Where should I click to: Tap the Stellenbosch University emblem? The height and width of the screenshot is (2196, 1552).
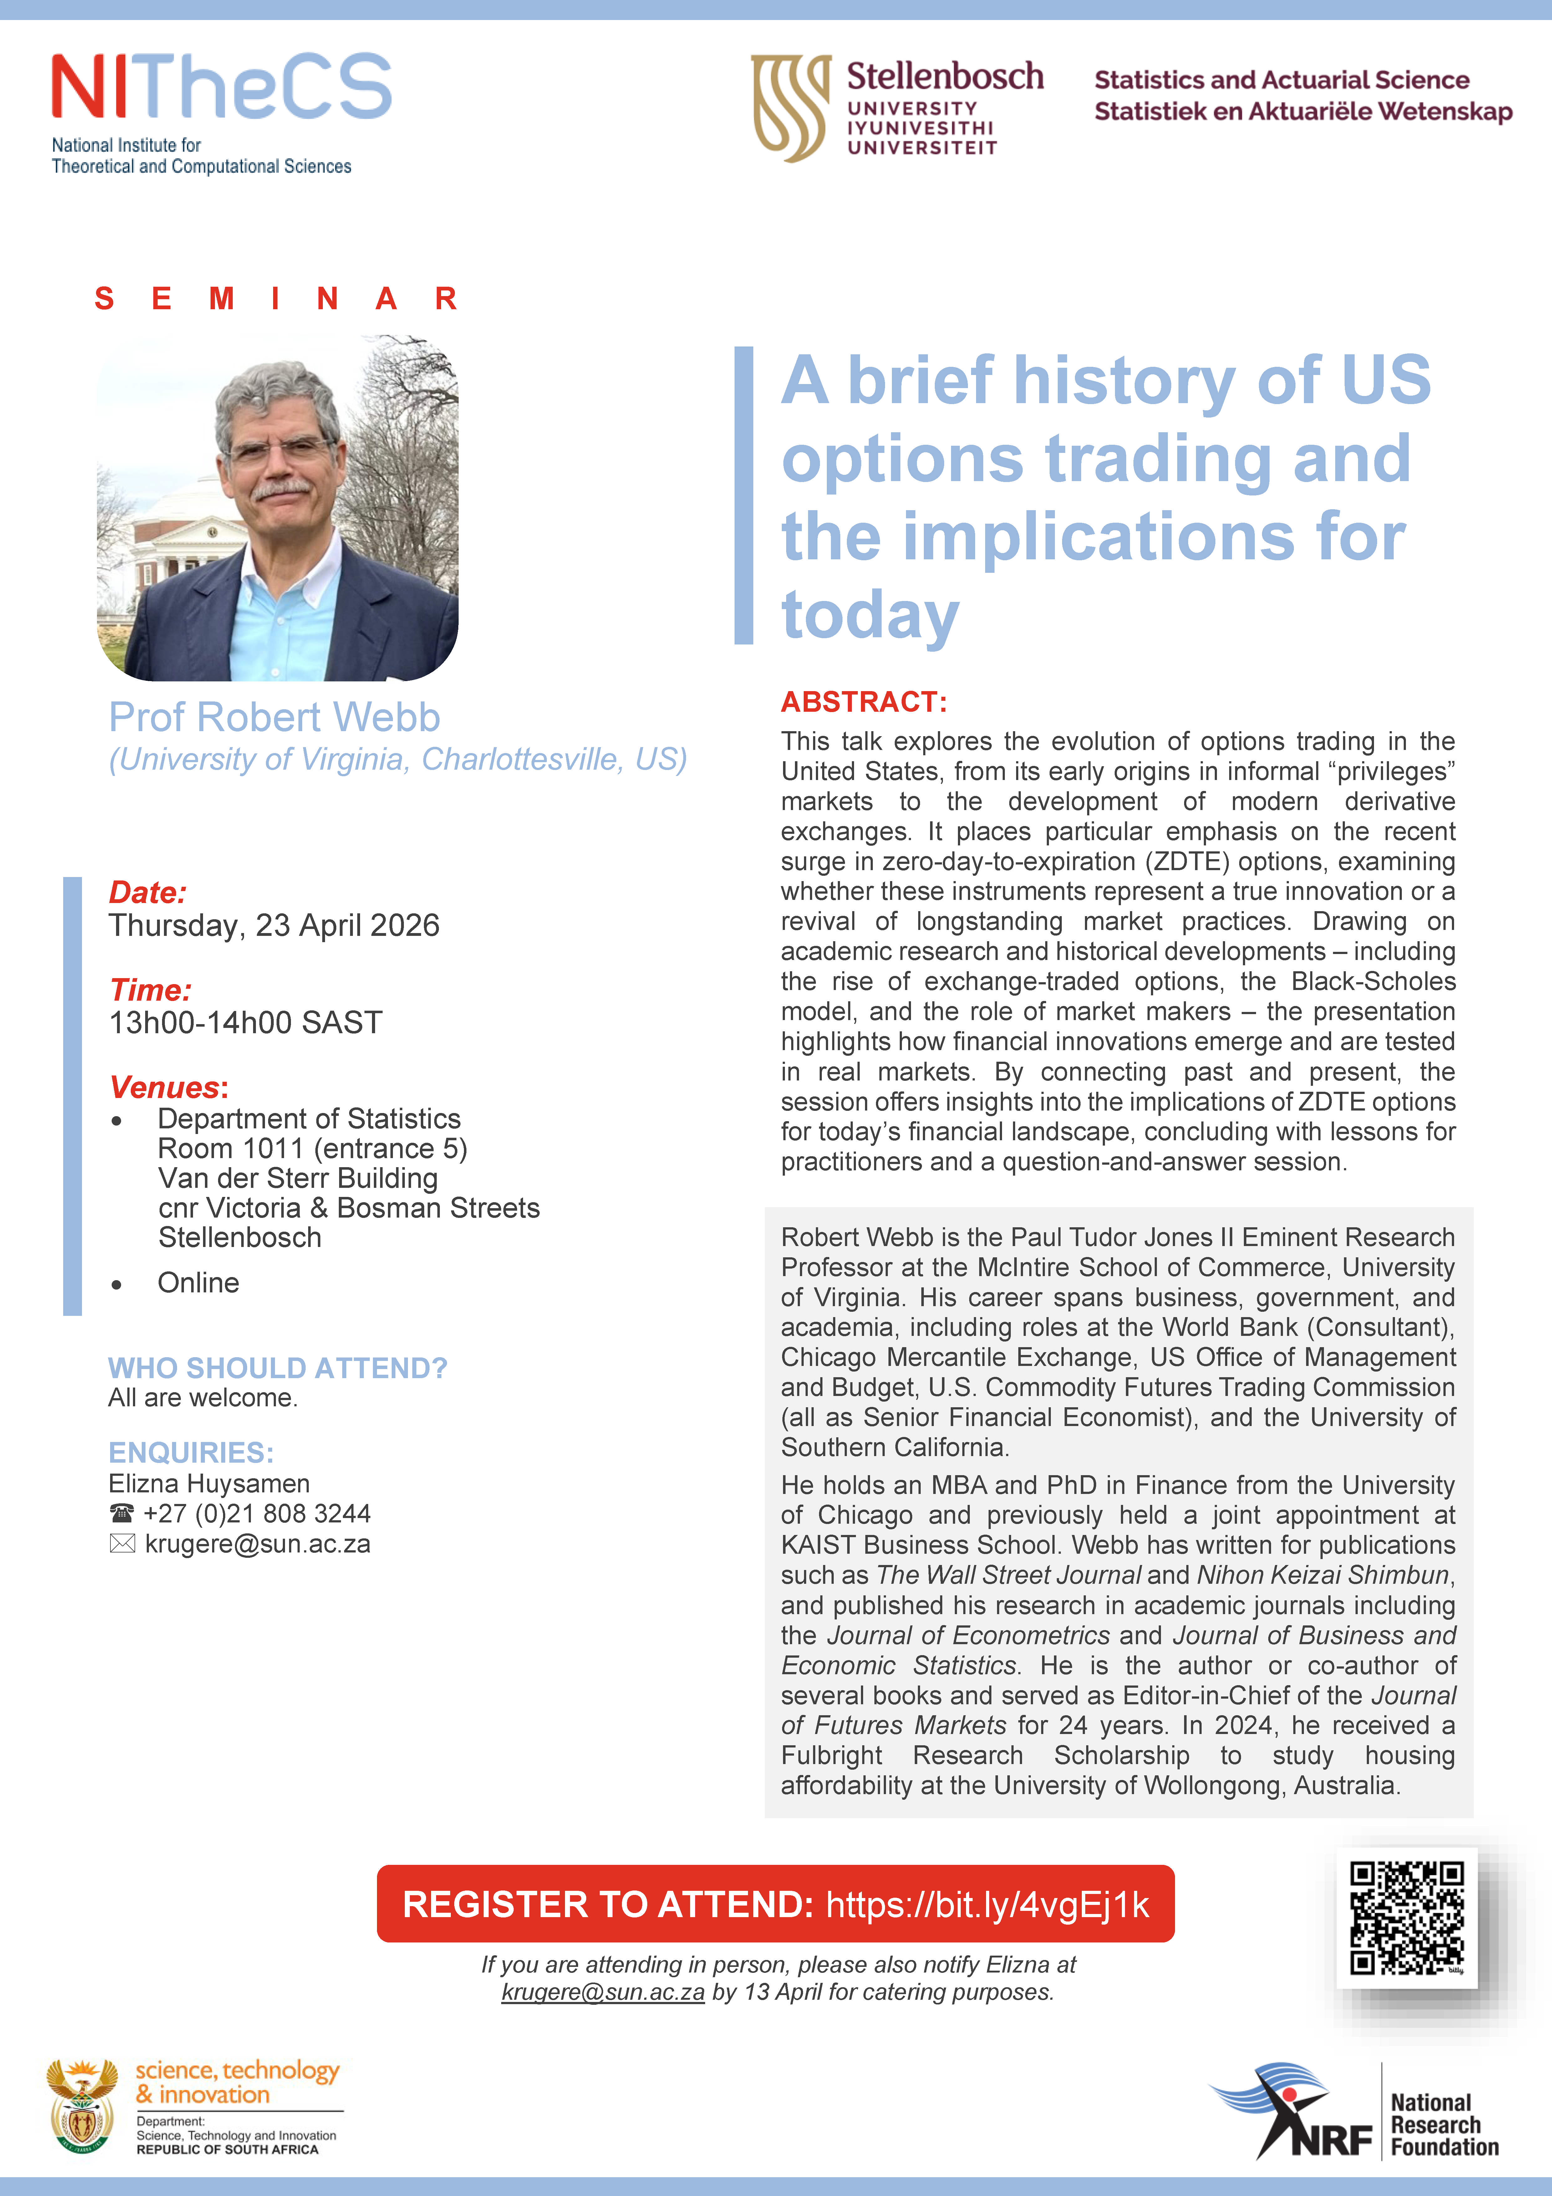pyautogui.click(x=790, y=107)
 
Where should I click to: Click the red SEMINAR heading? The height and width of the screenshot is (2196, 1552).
pyautogui.click(x=275, y=298)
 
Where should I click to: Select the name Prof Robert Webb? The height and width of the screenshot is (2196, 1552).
pyautogui.click(x=274, y=717)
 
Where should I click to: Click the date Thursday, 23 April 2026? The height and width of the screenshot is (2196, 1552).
pyautogui.click(x=274, y=925)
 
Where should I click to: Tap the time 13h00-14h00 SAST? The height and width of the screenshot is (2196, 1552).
pyautogui.click(x=246, y=1023)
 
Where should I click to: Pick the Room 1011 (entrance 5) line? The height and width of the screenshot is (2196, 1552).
pyautogui.click(x=313, y=1148)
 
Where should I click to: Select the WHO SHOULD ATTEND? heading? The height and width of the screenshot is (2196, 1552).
pyautogui.click(x=277, y=1368)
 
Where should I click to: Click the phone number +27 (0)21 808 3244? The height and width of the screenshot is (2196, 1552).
pyautogui.click(x=256, y=1513)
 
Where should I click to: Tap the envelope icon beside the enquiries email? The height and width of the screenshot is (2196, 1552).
pyautogui.click(x=122, y=1544)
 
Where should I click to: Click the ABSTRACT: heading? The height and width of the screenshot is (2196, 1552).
pyautogui.click(x=863, y=702)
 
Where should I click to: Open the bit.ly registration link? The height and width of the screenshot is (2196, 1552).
pyautogui.click(x=987, y=1904)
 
